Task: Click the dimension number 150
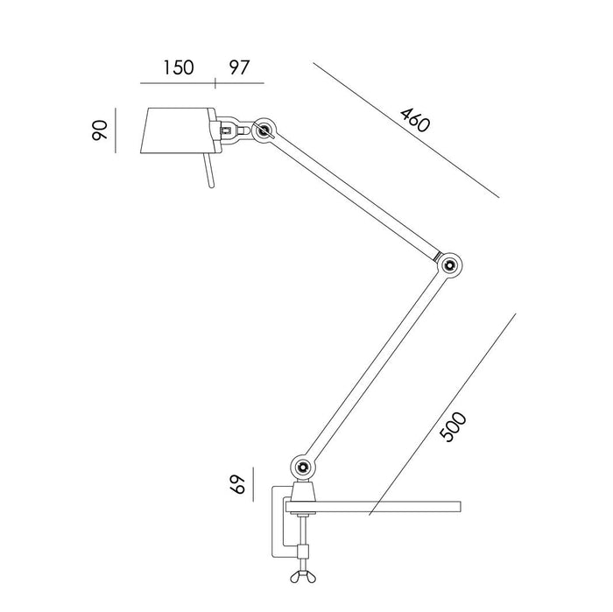tap(178, 68)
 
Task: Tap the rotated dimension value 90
tap(102, 130)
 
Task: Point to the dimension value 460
tap(414, 120)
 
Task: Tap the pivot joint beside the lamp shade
tap(264, 131)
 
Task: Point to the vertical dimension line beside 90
tap(116, 130)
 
